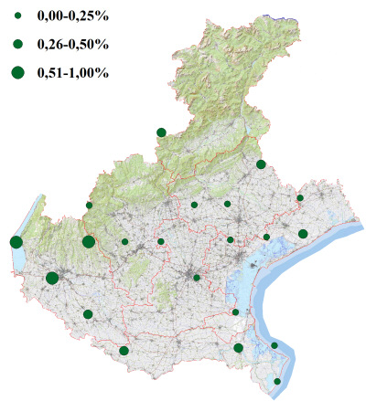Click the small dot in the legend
pos(17,16)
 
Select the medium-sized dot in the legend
pos(17,44)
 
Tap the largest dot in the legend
pos(17,72)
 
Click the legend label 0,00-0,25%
pos(70,16)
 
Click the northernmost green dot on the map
pos(162,132)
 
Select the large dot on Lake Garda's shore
pos(16,242)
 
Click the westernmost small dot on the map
pos(89,206)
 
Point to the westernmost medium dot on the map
pos(88,314)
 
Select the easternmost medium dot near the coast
pos(303,234)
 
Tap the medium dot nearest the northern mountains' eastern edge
pos(261,164)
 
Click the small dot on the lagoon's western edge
pos(235,312)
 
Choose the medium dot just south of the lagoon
pos(238,347)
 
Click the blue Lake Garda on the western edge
pos(20,260)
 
